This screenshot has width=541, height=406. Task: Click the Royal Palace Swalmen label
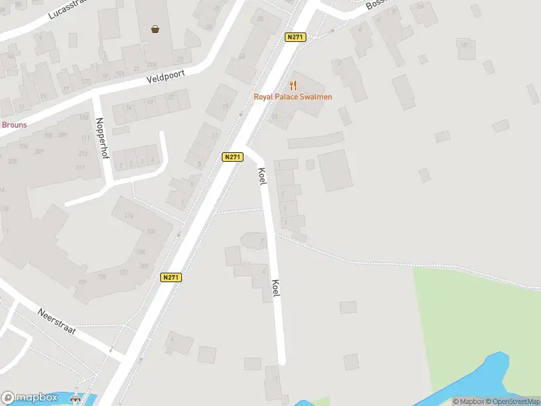tap(293, 97)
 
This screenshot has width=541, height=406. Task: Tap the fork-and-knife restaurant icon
tap(293, 85)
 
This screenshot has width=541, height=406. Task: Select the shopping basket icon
tap(156, 29)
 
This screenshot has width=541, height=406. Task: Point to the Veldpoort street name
tap(166, 78)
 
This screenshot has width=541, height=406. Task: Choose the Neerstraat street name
tap(57, 321)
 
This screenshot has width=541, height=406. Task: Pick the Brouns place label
tap(14, 125)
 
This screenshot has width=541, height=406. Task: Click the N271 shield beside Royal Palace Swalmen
tap(294, 37)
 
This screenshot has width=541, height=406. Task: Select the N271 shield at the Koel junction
tap(232, 157)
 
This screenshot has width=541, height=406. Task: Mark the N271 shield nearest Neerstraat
tap(171, 277)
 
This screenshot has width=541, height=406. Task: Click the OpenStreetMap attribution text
tap(512, 401)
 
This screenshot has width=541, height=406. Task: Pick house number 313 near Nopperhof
tap(80, 168)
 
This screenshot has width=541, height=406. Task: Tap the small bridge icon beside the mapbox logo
tap(75, 399)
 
